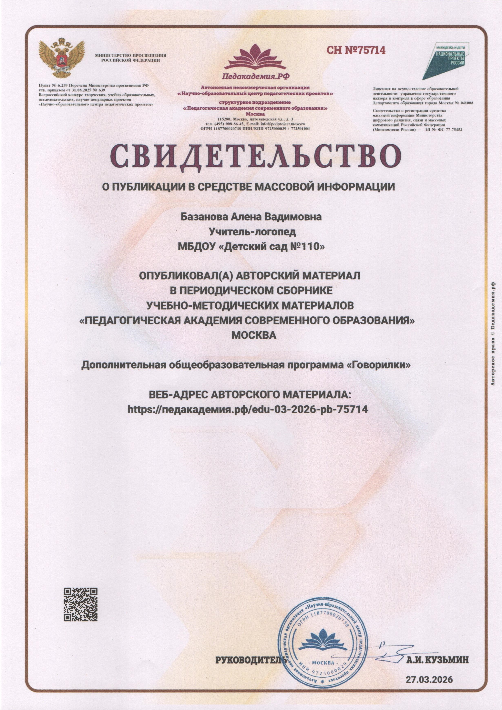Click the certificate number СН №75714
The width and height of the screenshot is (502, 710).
tap(356, 50)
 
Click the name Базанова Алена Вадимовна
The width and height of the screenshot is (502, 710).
tap(251, 217)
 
